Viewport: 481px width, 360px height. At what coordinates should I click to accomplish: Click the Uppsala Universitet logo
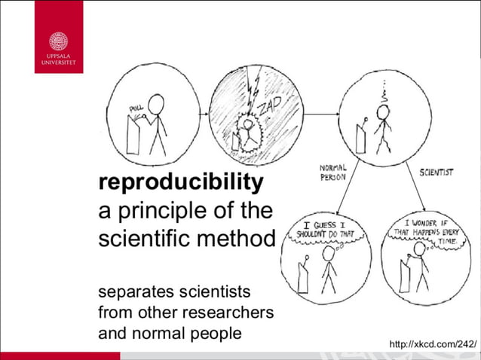[x=58, y=37]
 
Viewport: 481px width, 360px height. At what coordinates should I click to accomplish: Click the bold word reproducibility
[x=181, y=182]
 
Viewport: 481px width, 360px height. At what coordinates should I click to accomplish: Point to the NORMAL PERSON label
[x=332, y=172]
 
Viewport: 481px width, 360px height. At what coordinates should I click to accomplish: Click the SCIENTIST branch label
[x=437, y=172]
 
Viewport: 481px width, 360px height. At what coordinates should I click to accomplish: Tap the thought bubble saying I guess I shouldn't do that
[x=326, y=228]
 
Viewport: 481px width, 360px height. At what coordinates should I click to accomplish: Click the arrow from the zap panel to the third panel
[x=320, y=114]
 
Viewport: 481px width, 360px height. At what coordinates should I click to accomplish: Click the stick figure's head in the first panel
[x=158, y=102]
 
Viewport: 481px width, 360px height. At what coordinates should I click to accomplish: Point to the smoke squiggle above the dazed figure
[x=386, y=91]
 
